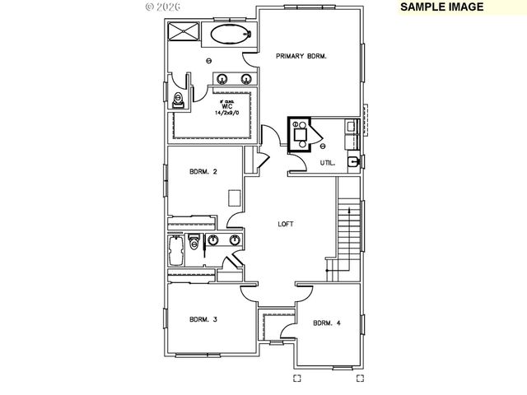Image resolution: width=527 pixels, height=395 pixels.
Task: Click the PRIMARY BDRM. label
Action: (301, 57)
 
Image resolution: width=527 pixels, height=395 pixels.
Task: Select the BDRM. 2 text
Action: (203, 172)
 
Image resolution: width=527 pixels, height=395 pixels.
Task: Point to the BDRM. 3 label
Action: (203, 319)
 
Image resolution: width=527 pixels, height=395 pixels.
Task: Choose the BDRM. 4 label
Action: (326, 323)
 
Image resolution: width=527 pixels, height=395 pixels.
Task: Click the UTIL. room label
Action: (327, 163)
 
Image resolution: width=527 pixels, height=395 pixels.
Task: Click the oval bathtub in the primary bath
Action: (229, 35)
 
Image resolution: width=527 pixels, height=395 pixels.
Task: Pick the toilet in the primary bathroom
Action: (178, 100)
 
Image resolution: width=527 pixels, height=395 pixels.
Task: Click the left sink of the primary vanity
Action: (222, 79)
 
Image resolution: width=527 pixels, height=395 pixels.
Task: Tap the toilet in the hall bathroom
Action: (194, 242)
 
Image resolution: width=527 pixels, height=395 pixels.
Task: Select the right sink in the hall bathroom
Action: (234, 241)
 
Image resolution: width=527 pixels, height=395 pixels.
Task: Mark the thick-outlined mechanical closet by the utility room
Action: (300, 135)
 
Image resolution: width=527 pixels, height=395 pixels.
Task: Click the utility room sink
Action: (352, 161)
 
